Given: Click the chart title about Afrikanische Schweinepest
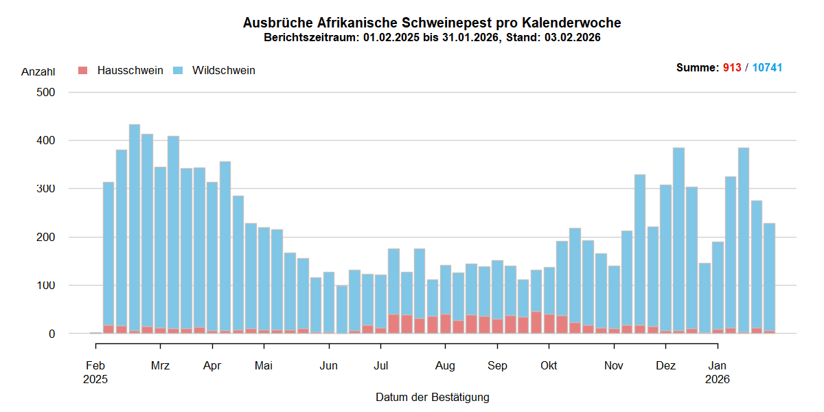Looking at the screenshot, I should coord(432,23).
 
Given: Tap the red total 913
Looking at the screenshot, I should coord(732,68).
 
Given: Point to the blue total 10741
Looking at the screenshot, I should coord(767,68).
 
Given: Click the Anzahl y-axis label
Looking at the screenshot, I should coord(38,71).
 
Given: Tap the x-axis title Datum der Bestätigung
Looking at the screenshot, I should coord(432,397).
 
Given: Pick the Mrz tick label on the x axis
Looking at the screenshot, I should coord(160,365).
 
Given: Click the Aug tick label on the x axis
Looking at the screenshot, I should coord(445,365).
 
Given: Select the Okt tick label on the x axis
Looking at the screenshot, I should coord(549,365).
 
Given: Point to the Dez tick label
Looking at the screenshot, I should coord(665,365).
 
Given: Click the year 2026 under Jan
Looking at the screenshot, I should coord(718,378).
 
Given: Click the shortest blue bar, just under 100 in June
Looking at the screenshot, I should coord(342,309).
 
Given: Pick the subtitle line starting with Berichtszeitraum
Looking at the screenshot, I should coord(432,38).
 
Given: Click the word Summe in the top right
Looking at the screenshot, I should coord(696,68).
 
